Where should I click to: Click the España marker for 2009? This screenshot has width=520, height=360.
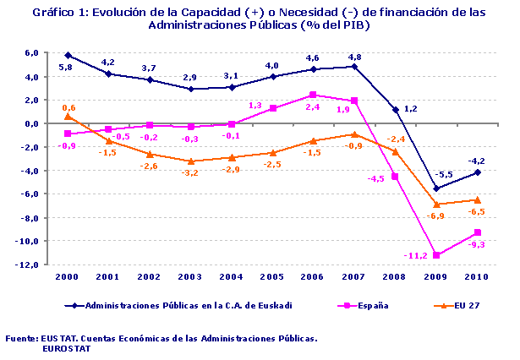click(x=437, y=255)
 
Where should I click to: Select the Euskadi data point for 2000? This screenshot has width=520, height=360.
click(x=68, y=55)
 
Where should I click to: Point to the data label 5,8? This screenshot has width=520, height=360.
click(x=65, y=66)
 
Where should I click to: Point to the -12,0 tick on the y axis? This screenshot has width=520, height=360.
click(x=29, y=265)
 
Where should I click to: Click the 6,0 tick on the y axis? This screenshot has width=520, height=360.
click(x=31, y=52)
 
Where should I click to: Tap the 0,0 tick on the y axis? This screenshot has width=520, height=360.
click(x=31, y=123)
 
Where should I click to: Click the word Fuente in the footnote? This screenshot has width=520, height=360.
click(x=20, y=337)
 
